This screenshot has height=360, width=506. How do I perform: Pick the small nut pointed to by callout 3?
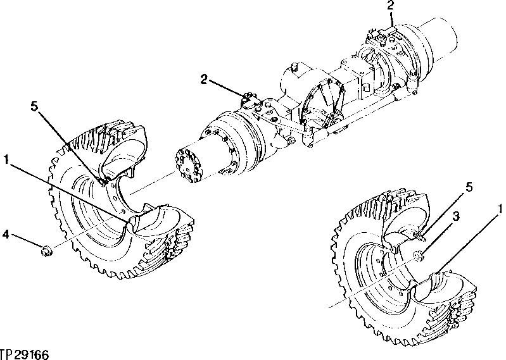tap(417, 256)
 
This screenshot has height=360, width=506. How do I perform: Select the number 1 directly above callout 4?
tap(6, 159)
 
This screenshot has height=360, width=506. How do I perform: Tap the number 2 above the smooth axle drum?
tap(391, 6)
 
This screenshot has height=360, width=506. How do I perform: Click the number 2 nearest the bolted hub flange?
tap(203, 79)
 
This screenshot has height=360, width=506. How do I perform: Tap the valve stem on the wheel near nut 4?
tap(103, 182)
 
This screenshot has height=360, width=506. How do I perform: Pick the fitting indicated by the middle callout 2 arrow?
tap(248, 100)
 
